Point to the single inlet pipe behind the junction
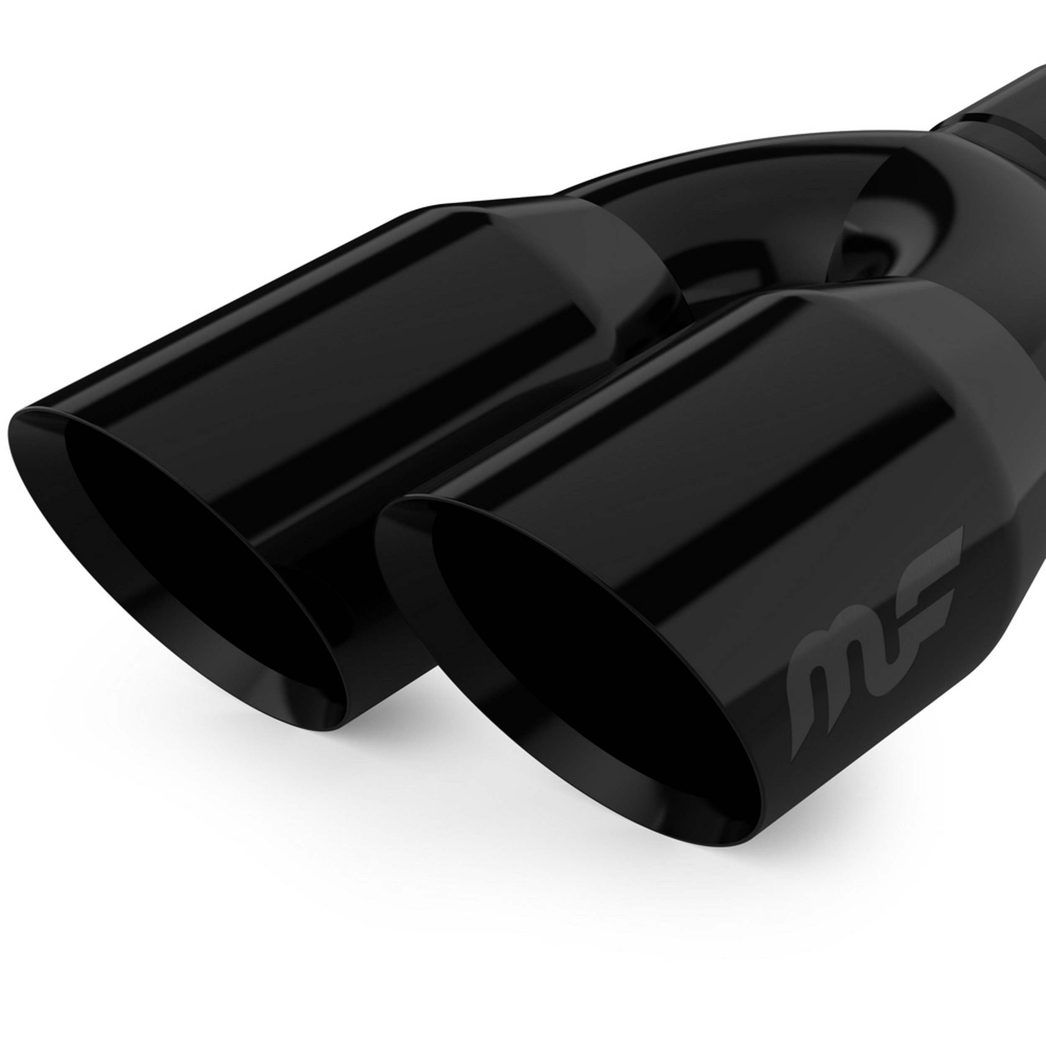coord(1007,108)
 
